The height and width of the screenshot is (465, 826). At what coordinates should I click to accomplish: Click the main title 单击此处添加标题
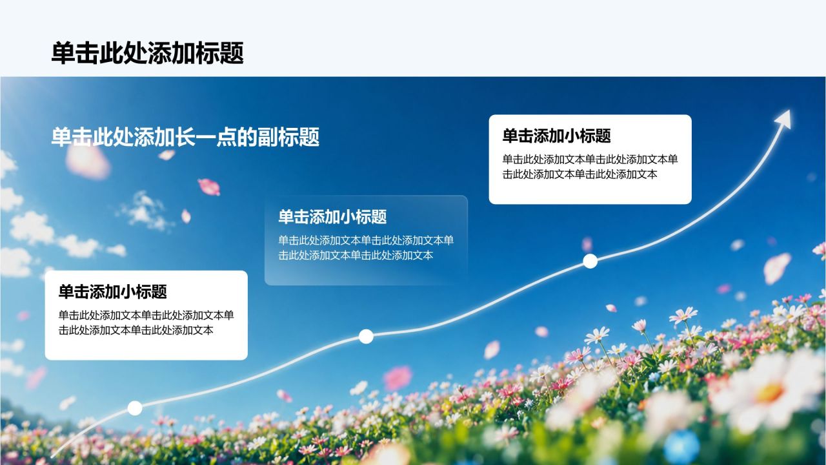pyautogui.click(x=148, y=53)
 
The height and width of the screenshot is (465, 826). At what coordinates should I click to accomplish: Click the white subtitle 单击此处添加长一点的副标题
pyautogui.click(x=185, y=137)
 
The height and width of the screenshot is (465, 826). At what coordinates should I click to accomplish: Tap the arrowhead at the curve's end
pyautogui.click(x=783, y=119)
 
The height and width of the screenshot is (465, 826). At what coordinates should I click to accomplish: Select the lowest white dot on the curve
pyautogui.click(x=135, y=408)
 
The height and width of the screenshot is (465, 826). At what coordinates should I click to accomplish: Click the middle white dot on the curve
pyautogui.click(x=366, y=336)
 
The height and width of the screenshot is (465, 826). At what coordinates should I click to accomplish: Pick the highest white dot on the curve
pyautogui.click(x=590, y=262)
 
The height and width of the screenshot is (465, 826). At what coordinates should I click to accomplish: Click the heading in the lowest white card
pyautogui.click(x=113, y=291)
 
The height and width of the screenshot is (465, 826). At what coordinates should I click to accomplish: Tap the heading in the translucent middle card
pyautogui.click(x=332, y=216)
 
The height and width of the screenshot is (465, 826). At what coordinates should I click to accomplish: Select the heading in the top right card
pyautogui.click(x=557, y=136)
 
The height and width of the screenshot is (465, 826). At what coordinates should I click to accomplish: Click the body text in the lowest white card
pyautogui.click(x=146, y=322)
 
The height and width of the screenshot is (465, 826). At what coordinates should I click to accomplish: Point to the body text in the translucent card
pyautogui.click(x=366, y=247)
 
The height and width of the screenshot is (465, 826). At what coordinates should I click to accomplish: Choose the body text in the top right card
pyautogui.click(x=590, y=167)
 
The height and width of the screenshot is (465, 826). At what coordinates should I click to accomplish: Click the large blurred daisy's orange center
pyautogui.click(x=770, y=393)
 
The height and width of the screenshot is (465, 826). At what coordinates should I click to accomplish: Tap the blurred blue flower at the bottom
pyautogui.click(x=681, y=446)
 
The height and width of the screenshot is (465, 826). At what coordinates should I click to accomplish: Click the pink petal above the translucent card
pyautogui.click(x=209, y=187)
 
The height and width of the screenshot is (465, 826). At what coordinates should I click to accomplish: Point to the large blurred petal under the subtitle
pyautogui.click(x=88, y=162)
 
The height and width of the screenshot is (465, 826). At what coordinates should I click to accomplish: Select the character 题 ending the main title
pyautogui.click(x=232, y=53)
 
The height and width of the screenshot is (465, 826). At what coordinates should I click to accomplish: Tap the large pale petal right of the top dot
pyautogui.click(x=778, y=268)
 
